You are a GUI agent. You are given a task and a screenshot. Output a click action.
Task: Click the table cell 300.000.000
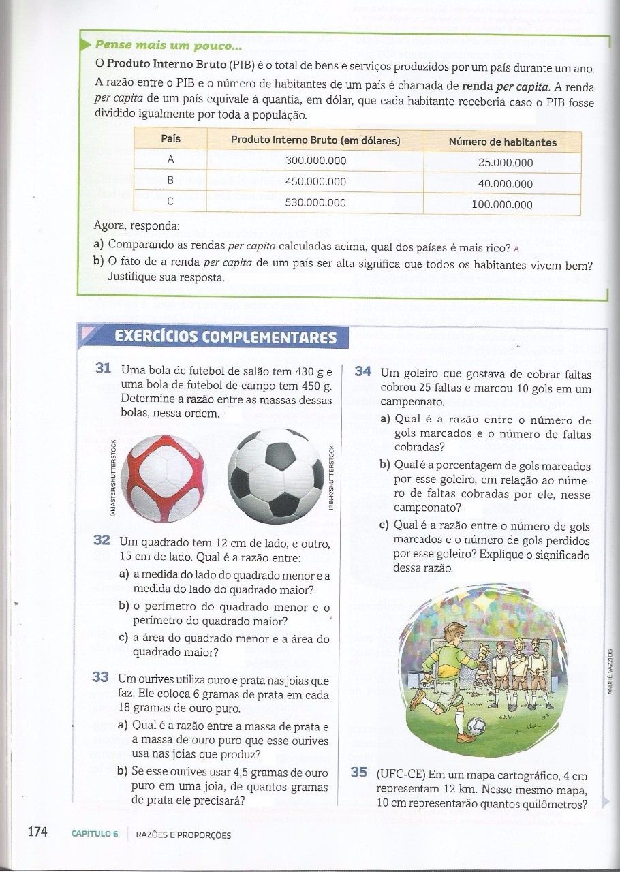click(315, 161)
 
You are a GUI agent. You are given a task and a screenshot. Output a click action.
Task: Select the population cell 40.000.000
click(502, 183)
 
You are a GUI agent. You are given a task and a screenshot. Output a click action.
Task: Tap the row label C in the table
click(170, 202)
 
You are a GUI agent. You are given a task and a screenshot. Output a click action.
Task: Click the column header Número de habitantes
click(502, 142)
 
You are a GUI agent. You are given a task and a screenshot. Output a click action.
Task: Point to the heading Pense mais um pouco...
click(168, 46)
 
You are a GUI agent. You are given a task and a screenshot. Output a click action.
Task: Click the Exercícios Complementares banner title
click(226, 337)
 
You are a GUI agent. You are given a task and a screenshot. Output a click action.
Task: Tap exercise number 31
click(104, 369)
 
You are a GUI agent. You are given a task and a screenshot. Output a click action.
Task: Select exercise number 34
click(363, 372)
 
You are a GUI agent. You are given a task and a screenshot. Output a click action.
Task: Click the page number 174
click(37, 832)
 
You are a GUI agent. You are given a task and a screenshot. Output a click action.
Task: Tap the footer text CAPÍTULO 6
click(95, 835)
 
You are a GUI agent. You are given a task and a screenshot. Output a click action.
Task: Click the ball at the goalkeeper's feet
click(478, 725)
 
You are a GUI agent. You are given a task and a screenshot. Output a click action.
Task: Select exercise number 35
click(359, 773)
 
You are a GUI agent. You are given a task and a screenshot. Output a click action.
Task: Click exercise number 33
click(100, 677)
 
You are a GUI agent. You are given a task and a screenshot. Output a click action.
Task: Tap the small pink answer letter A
click(516, 248)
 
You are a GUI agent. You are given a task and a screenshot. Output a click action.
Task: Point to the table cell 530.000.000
click(315, 202)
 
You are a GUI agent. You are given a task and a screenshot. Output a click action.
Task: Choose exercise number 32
click(102, 540)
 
